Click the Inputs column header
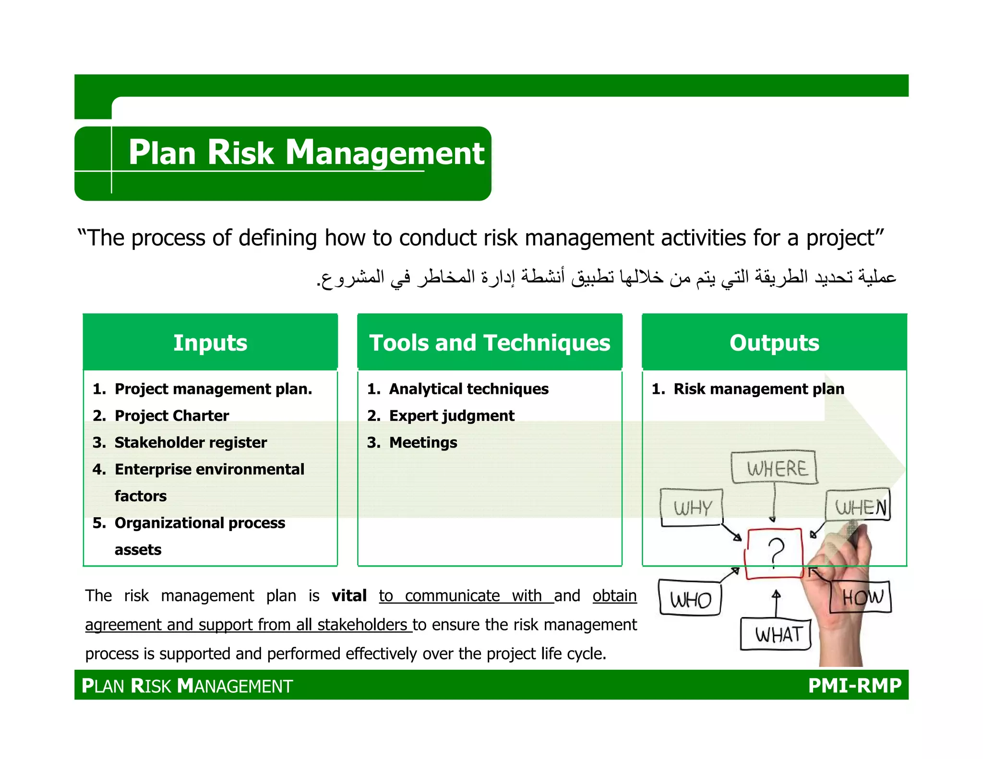[x=210, y=343]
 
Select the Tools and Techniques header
[x=490, y=343]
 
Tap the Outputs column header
[x=774, y=343]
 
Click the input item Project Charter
[x=171, y=415]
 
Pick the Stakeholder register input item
[x=190, y=442]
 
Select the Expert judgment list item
[x=451, y=415]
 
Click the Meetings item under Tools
[x=423, y=442]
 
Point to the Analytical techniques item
[x=468, y=389]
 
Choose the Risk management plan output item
[x=758, y=389]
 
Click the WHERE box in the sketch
[x=774, y=467]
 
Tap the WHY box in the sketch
[x=691, y=508]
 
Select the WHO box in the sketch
[x=690, y=598]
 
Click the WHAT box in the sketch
[x=776, y=634]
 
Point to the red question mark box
[x=774, y=554]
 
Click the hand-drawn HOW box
[x=861, y=597]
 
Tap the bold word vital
[x=349, y=596]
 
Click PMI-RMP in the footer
[x=854, y=685]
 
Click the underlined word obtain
[x=614, y=596]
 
